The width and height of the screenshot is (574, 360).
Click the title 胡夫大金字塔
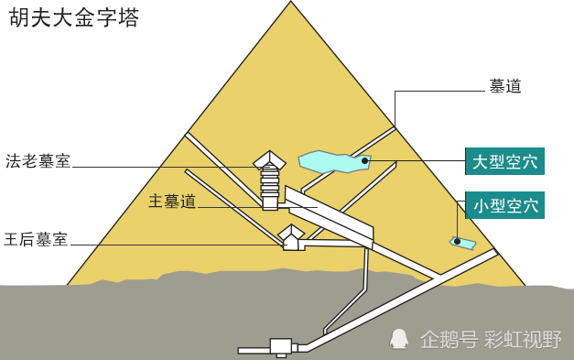pyautogui.click(x=74, y=18)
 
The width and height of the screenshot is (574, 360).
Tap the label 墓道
pyautogui.click(x=505, y=86)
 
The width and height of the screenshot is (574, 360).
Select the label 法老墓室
pyautogui.click(x=38, y=161)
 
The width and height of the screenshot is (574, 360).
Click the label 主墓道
pyautogui.click(x=172, y=202)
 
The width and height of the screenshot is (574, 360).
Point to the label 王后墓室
pyautogui.click(x=36, y=240)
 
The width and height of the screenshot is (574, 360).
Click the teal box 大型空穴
pyautogui.click(x=504, y=162)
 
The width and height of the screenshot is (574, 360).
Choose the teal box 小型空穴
pyautogui.click(x=504, y=205)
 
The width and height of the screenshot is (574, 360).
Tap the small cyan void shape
pyautogui.click(x=463, y=243)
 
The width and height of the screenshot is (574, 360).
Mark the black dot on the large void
pyautogui.click(x=364, y=161)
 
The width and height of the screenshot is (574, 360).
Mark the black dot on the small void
pyautogui.click(x=457, y=242)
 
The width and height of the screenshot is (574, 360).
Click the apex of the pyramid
pyautogui.click(x=291, y=4)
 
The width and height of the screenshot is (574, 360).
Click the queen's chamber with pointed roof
pyautogui.click(x=291, y=238)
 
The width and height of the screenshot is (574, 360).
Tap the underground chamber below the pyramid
pyautogui.click(x=280, y=346)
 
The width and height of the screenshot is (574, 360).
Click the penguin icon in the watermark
pyautogui.click(x=399, y=339)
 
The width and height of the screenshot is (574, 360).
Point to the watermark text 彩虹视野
pyautogui.click(x=524, y=340)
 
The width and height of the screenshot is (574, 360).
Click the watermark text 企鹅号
pyautogui.click(x=449, y=340)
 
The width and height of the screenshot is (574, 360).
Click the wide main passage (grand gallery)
pyautogui.click(x=330, y=216)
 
